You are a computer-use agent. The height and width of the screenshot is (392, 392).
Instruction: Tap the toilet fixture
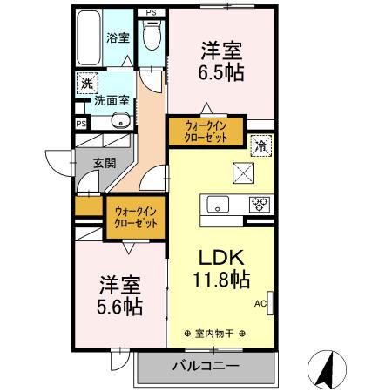tap(152, 37)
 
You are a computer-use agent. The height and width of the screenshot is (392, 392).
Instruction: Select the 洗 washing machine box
tap(86, 84)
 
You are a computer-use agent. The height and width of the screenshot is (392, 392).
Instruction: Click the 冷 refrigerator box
tap(260, 146)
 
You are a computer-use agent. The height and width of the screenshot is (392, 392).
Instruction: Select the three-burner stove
tap(260, 205)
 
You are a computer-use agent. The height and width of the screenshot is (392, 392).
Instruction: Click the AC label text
tap(260, 304)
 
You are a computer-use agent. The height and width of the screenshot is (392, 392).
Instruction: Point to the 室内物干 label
tap(215, 333)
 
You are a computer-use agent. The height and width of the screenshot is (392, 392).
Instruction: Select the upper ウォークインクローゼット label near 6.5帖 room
tap(206, 132)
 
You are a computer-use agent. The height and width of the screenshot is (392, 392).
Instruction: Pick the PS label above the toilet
tap(151, 11)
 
